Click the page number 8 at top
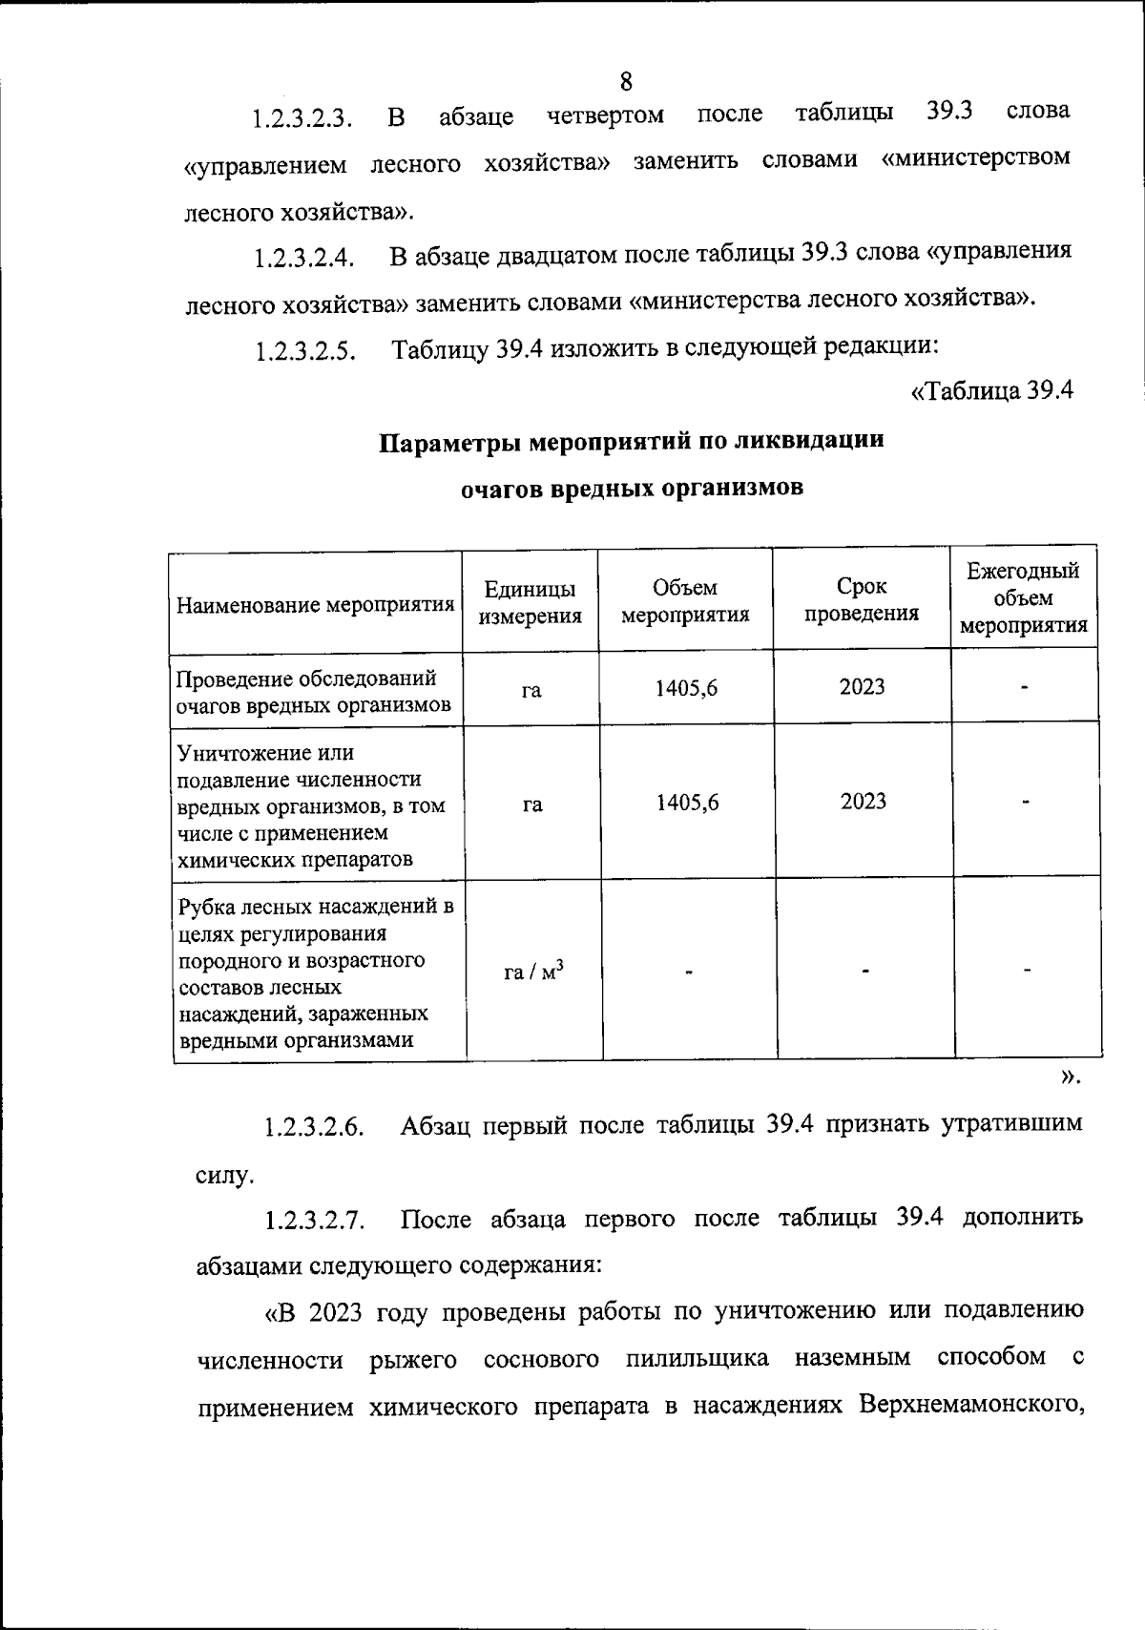point(626,81)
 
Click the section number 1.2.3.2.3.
point(302,120)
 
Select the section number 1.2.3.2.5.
point(304,352)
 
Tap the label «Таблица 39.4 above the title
point(991,391)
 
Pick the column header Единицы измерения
point(530,602)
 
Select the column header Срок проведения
point(861,600)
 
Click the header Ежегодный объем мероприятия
point(1023,598)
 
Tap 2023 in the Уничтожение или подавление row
point(863,802)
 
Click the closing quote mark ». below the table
point(1070,1077)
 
